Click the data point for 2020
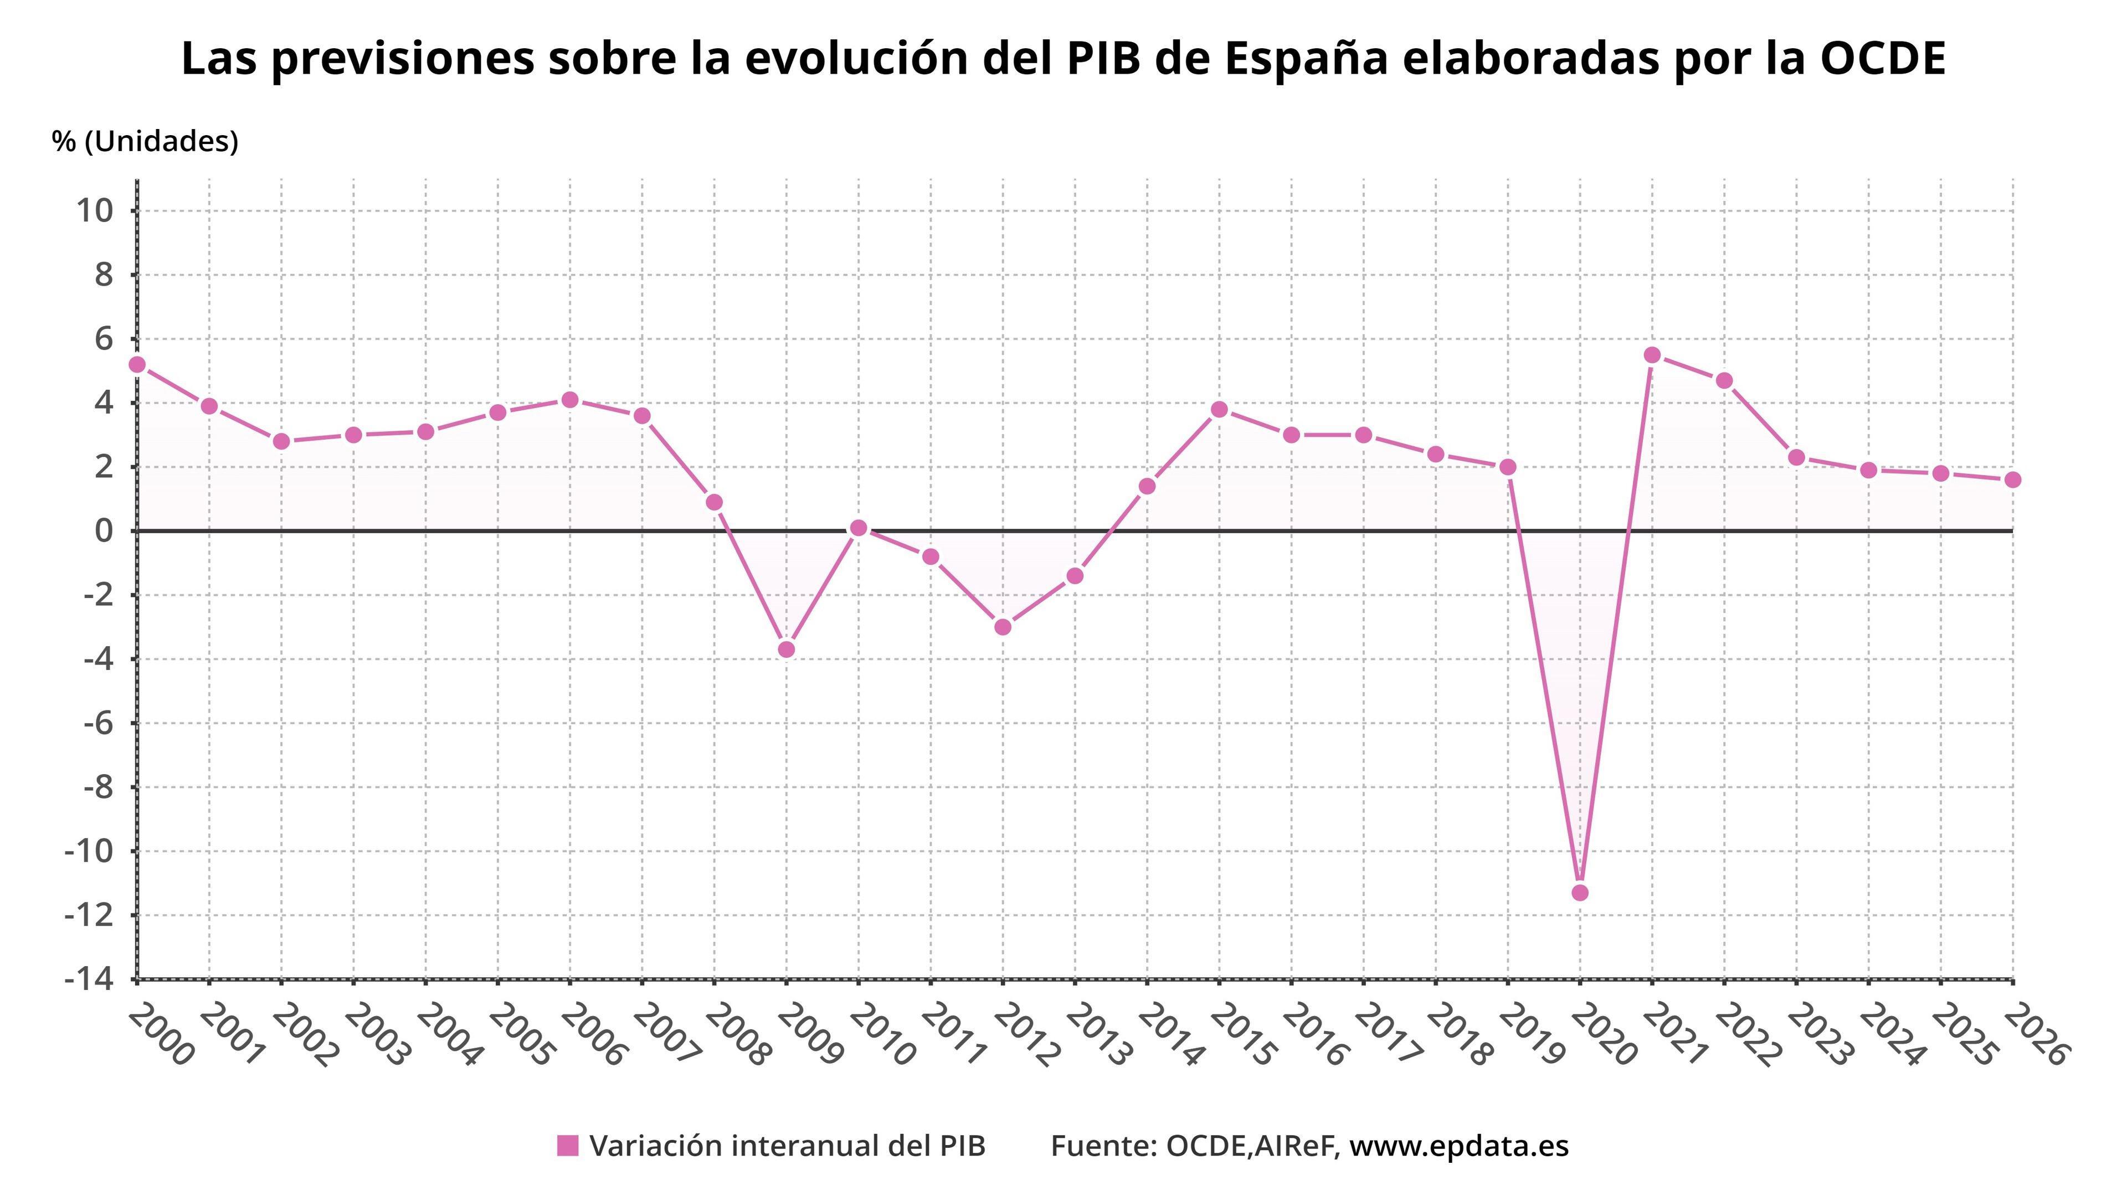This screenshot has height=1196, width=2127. [1580, 892]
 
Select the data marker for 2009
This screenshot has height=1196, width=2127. [786, 649]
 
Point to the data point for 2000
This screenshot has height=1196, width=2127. [137, 364]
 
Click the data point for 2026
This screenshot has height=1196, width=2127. [2012, 480]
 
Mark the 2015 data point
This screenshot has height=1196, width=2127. [1219, 409]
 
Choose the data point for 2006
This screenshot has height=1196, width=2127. [570, 399]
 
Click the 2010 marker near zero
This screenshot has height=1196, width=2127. [858, 528]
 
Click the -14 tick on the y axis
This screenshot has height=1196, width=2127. [89, 979]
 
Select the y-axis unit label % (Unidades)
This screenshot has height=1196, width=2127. [145, 141]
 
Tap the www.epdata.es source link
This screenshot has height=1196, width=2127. [1458, 1146]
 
